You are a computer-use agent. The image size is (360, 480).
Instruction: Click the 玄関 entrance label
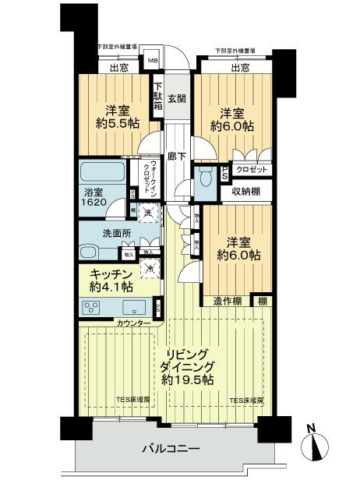(x=176, y=98)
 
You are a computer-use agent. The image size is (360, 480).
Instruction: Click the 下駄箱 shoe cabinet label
(x=157, y=98)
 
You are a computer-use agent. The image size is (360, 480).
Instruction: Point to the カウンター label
(x=135, y=322)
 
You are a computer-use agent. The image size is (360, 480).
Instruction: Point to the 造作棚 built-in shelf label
(x=226, y=301)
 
